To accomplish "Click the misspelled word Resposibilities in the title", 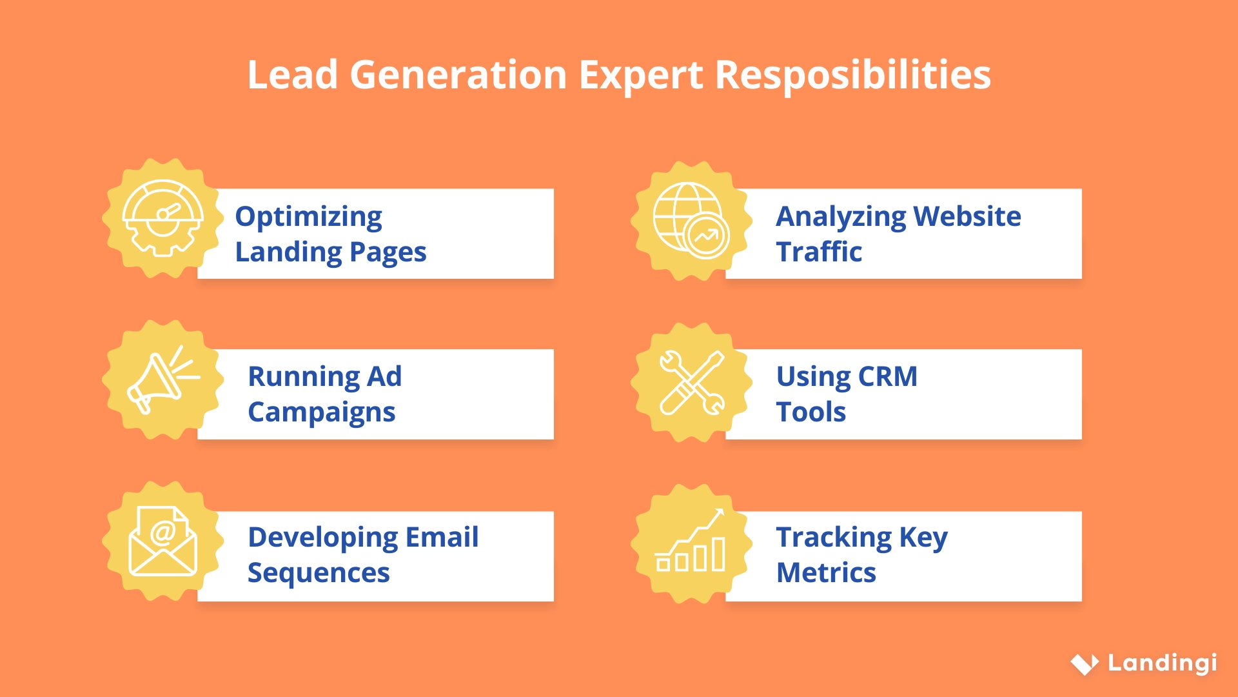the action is click(x=852, y=75).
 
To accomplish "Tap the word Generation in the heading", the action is click(x=458, y=75).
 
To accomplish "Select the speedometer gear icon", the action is click(x=163, y=218).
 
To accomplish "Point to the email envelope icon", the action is click(x=162, y=542).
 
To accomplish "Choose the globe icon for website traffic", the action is click(x=691, y=220).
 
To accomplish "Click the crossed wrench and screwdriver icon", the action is click(x=692, y=382).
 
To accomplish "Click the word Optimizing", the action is click(x=308, y=217).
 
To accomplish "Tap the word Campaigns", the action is click(x=321, y=412).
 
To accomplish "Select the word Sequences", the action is click(x=319, y=573).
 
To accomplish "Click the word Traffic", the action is click(x=819, y=252).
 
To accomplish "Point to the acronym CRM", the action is click(x=887, y=376).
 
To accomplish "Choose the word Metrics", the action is click(x=826, y=573).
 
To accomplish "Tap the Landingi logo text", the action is click(x=1162, y=663).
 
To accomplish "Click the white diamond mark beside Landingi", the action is click(x=1085, y=663).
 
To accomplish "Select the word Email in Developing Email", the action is click(x=442, y=537).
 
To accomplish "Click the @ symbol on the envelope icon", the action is click(x=163, y=532).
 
